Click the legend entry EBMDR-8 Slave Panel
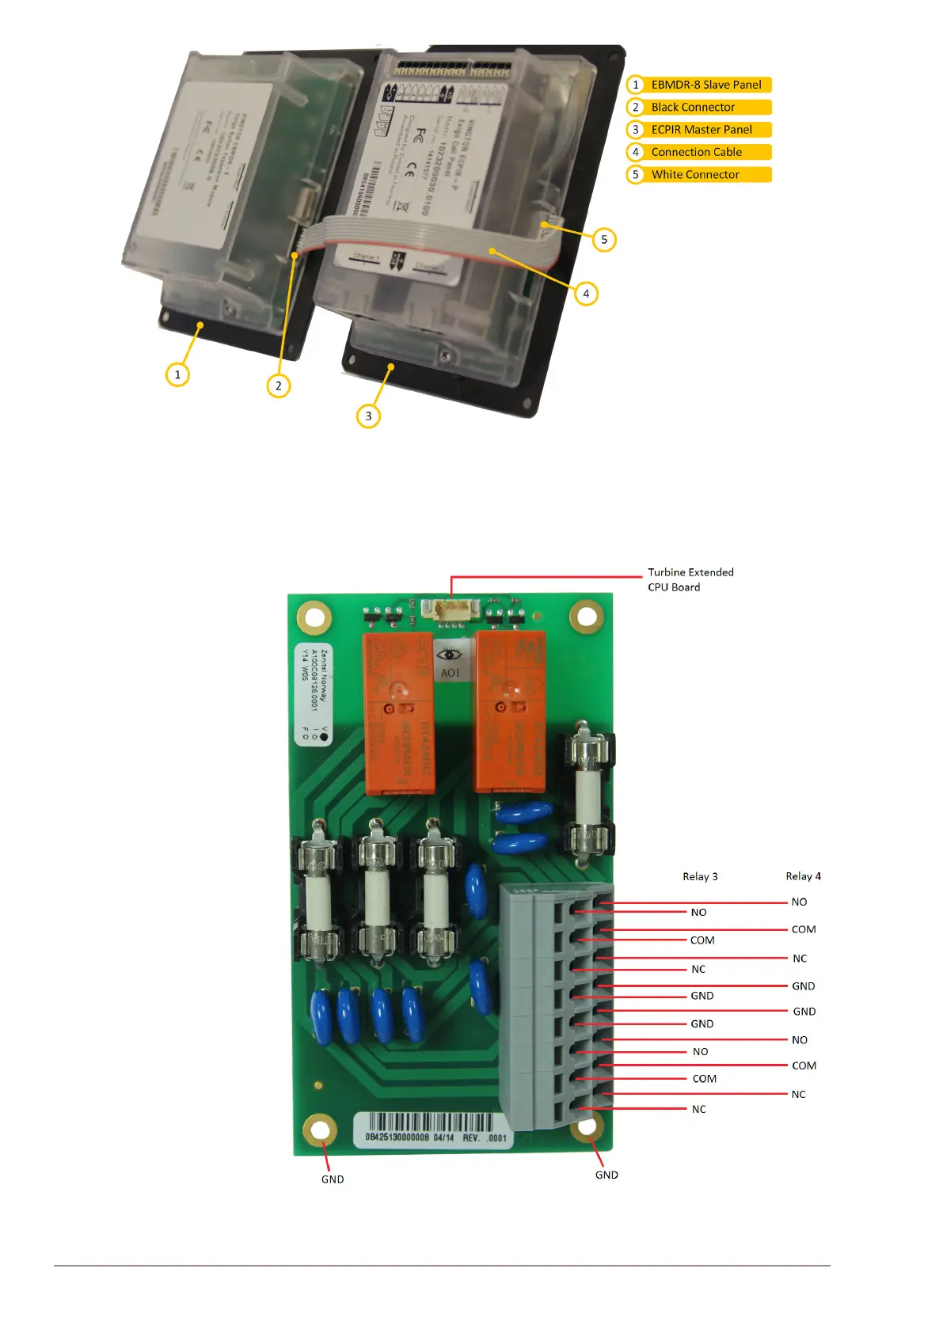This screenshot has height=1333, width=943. click(x=705, y=85)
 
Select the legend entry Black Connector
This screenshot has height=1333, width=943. click(x=693, y=107)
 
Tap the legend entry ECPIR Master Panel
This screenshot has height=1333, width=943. click(x=702, y=130)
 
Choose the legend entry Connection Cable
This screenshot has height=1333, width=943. click(x=696, y=152)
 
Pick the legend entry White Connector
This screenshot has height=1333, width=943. click(x=695, y=174)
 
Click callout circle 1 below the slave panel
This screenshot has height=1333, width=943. click(x=177, y=374)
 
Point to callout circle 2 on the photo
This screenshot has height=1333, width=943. click(x=278, y=385)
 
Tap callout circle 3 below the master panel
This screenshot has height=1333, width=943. click(x=368, y=416)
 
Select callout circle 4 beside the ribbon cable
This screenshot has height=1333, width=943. click(x=586, y=294)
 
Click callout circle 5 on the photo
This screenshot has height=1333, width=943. click(x=604, y=239)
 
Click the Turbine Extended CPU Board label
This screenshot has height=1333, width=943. click(x=690, y=579)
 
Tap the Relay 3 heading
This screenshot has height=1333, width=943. click(x=700, y=876)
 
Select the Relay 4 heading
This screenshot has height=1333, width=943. click(x=803, y=876)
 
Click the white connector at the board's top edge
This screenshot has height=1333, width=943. click(x=451, y=609)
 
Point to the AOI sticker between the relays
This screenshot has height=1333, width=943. click(x=450, y=662)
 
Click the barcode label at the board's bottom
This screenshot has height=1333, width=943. click(x=435, y=1128)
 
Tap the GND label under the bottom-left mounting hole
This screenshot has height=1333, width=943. click(x=333, y=1179)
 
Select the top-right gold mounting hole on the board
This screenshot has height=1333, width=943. click(x=586, y=616)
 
